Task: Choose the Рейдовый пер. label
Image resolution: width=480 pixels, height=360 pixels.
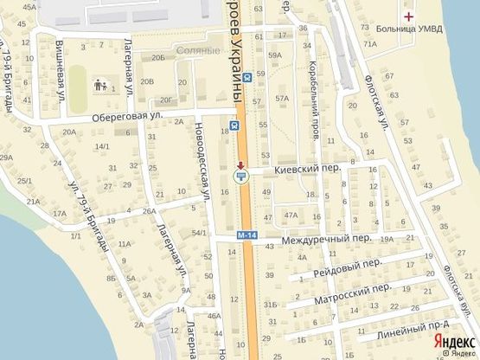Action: click(348, 264)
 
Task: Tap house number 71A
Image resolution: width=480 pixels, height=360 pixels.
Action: click(370, 43)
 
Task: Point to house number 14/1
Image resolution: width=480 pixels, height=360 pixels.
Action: click(102, 146)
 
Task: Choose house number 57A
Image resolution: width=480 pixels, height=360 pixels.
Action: click(281, 98)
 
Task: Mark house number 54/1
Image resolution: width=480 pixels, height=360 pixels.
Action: click(199, 233)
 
